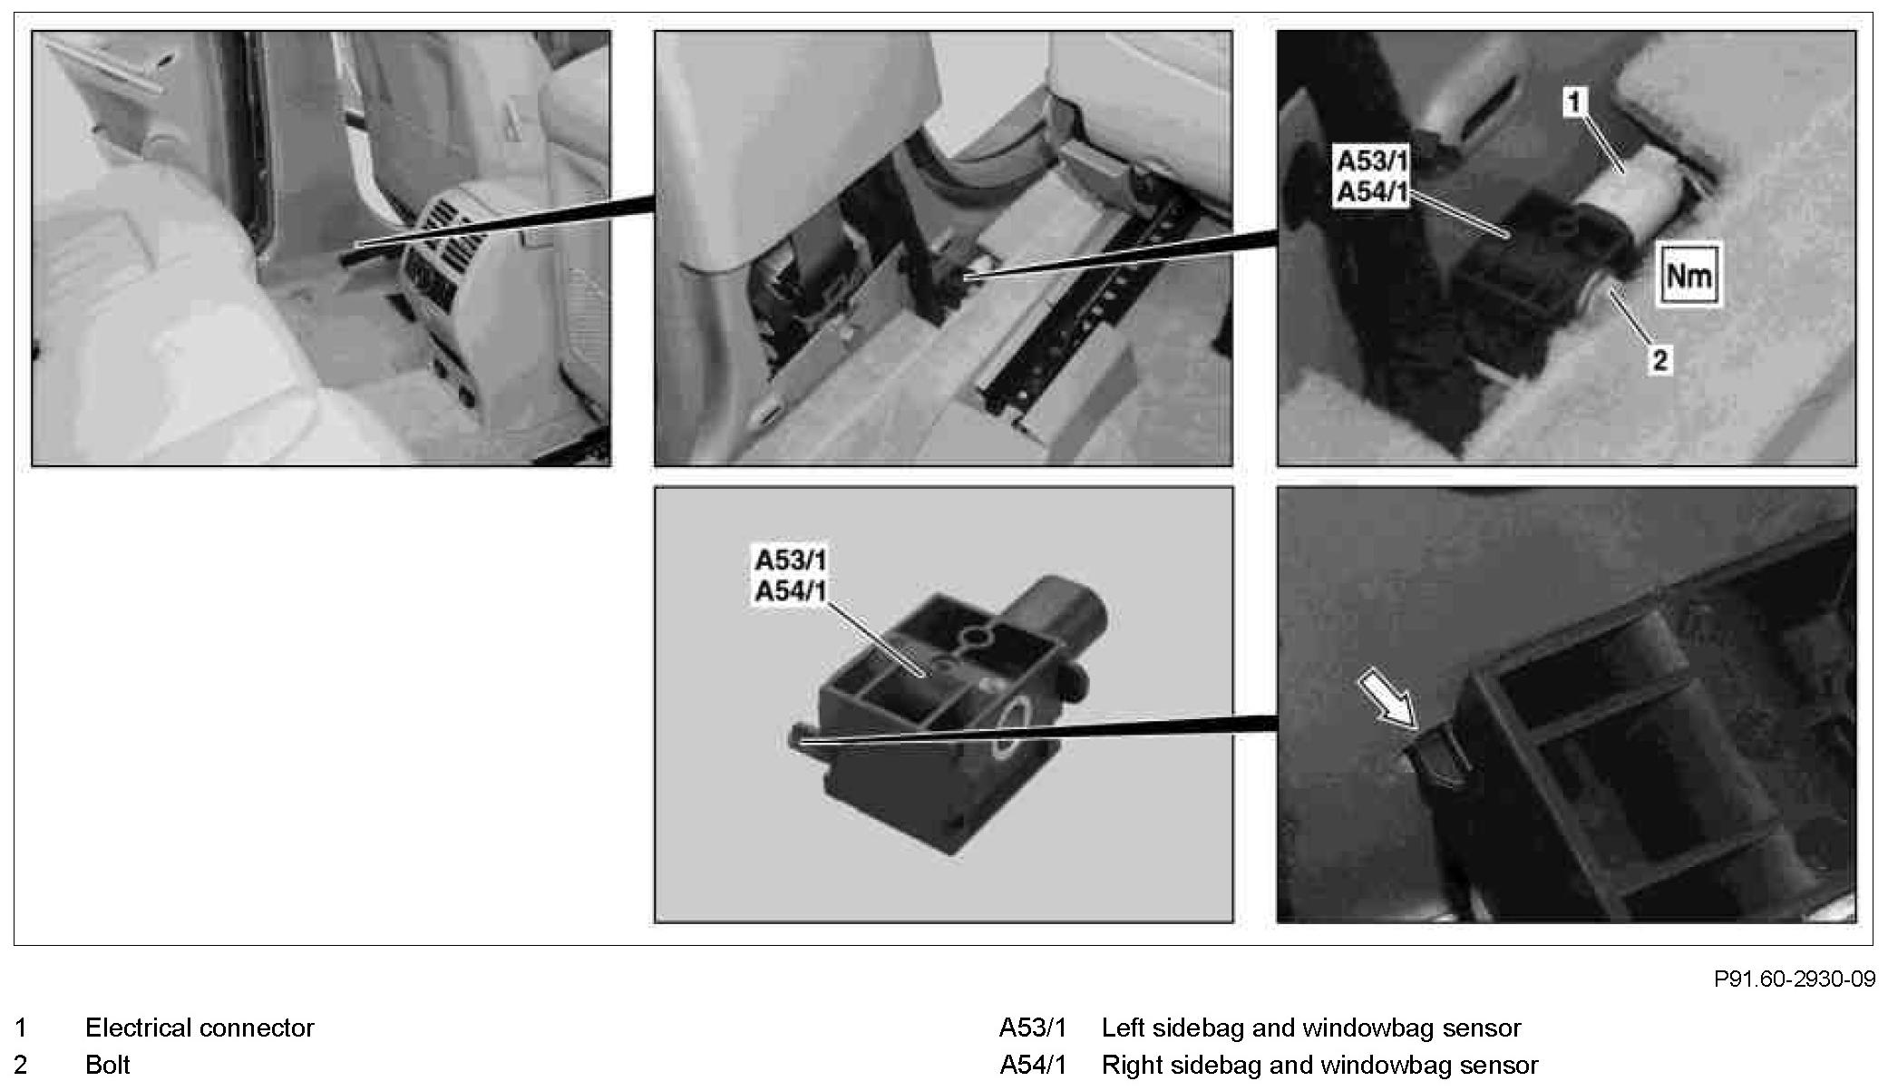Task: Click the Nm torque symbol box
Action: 1688,274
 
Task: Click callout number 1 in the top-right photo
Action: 1574,102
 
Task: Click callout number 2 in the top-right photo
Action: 1659,360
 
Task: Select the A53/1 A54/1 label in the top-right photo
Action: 1372,177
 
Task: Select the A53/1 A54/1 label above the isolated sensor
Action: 790,575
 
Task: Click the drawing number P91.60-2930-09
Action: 1794,979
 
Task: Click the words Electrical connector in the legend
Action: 200,1028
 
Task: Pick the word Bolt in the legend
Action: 108,1064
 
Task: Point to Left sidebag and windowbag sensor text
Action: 1310,1028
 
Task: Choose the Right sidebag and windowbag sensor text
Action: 1319,1064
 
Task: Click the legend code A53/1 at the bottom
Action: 1033,1028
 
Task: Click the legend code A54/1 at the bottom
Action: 1033,1064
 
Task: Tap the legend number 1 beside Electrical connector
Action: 22,1028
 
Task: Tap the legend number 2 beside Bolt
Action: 22,1064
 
